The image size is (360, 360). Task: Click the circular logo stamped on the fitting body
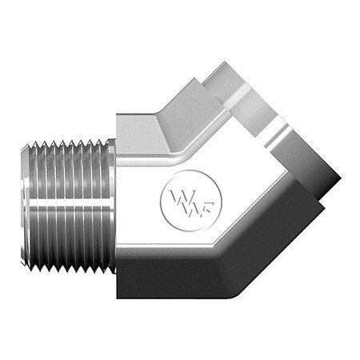tap(181, 197)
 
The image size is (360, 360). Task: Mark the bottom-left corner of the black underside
tap(118, 297)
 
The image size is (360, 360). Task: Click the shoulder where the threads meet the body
tap(114, 206)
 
